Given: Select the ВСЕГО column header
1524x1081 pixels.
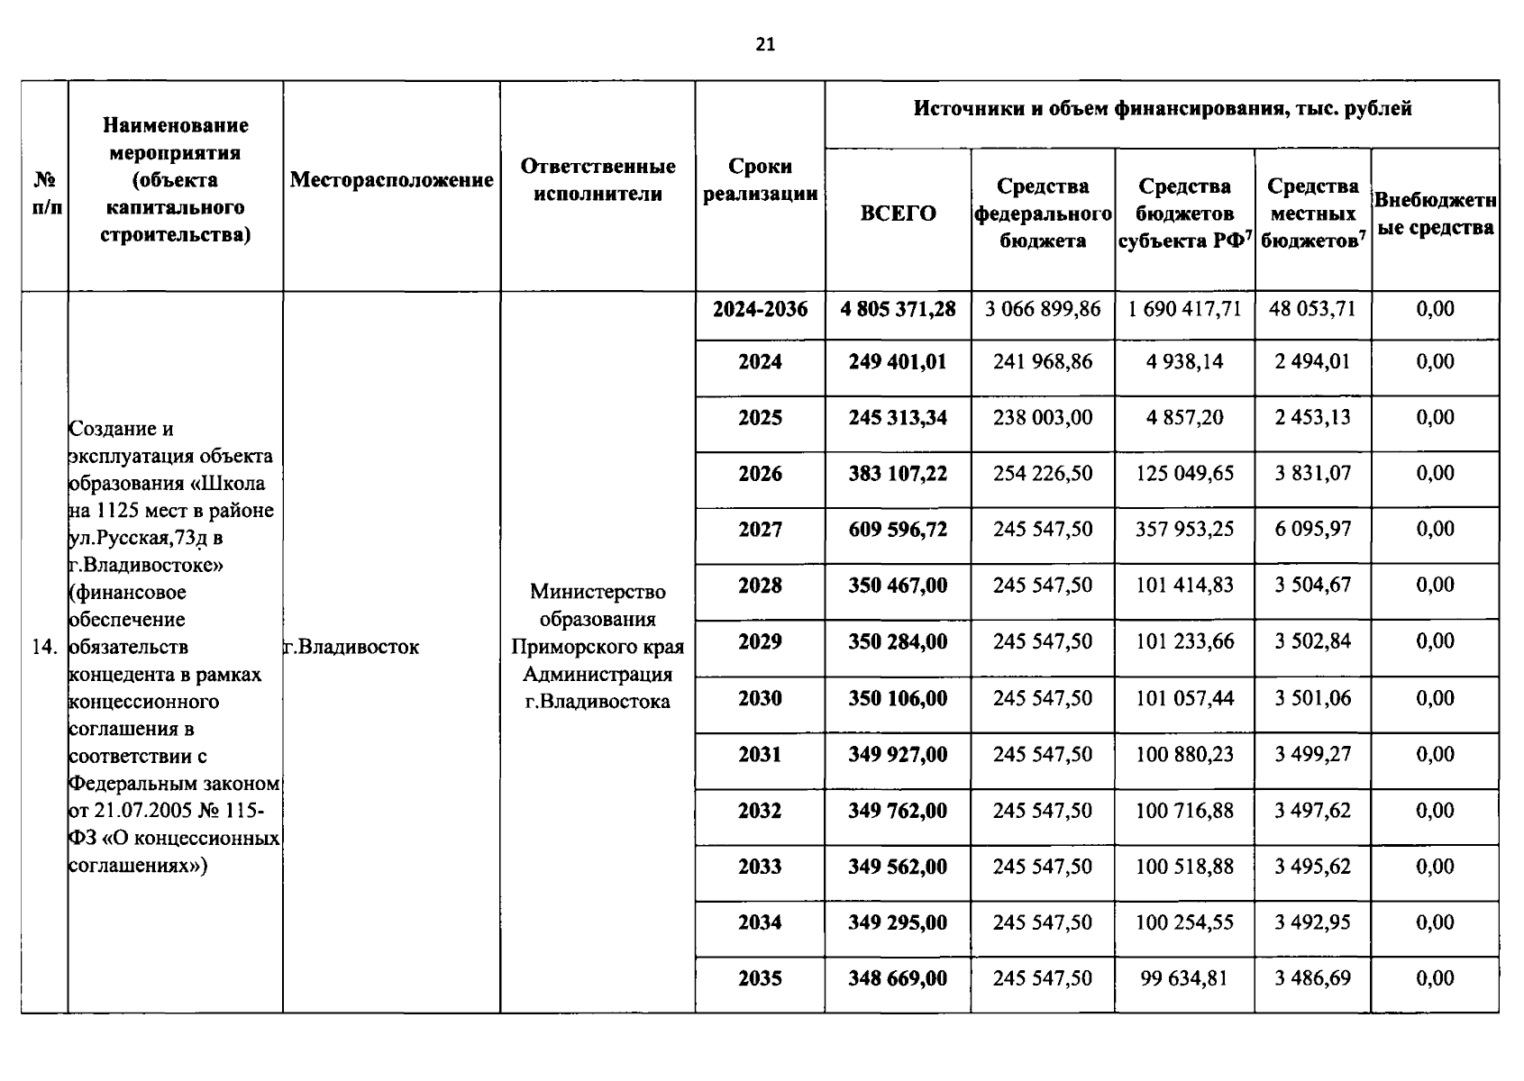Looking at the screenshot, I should pos(898,213).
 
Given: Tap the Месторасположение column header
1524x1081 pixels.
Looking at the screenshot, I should pos(391,180).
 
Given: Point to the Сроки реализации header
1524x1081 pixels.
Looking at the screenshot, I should pos(760,180).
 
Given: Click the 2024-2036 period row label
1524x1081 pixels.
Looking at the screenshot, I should pos(760,309).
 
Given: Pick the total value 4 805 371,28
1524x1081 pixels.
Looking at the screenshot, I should pos(898,309).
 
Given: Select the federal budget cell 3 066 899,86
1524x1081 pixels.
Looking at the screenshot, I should pos(1043,309).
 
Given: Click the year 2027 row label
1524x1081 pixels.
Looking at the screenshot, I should pos(760,530).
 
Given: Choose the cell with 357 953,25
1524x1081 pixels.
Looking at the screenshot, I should pos(1184,530).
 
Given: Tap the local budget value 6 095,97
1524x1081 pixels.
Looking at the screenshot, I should pos(1312,530).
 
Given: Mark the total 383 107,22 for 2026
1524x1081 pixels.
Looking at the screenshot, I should pos(898,474).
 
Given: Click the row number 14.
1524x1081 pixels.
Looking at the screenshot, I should pos(44,647).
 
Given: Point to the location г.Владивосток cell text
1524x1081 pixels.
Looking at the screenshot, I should pos(351,647).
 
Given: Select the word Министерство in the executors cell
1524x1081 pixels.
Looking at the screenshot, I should pos(598,592).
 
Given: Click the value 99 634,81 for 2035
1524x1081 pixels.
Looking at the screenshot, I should pos(1184,978).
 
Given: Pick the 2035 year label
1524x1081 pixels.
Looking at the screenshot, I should pos(760,978).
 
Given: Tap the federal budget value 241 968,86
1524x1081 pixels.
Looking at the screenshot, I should pos(1043,362).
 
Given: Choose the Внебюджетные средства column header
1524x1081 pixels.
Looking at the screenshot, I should pos(1435,214).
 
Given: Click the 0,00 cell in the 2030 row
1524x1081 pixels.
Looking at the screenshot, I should pos(1435,698).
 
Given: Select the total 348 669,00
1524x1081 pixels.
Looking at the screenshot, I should pos(898,978).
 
